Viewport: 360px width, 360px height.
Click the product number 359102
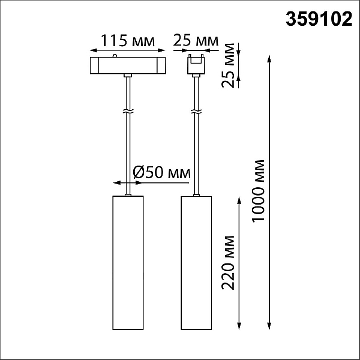pos(319,19)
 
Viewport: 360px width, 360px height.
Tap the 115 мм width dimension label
pos(128,41)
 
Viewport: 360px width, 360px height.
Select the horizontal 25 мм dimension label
pos(196,41)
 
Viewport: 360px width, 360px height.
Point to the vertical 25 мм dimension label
pos(228,65)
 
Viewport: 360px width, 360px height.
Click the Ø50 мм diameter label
pos(161,172)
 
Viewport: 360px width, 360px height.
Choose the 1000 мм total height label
pos(258,191)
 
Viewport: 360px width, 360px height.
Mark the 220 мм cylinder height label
pos(228,263)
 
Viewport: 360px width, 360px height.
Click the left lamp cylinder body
pos(128,263)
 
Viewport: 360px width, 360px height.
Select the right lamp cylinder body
pos(196,263)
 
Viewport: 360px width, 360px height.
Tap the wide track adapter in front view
pos(128,65)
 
